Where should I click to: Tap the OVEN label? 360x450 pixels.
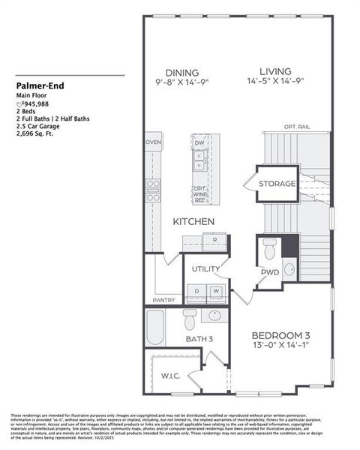pyautogui.click(x=153, y=142)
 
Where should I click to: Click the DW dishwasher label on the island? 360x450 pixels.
pyautogui.click(x=199, y=142)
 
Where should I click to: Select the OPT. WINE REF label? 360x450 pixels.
pyautogui.click(x=200, y=195)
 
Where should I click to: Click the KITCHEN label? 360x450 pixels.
pyautogui.click(x=194, y=222)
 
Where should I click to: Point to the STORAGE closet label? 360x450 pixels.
pyautogui.click(x=277, y=184)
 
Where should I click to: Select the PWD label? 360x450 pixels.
pyautogui.click(x=270, y=272)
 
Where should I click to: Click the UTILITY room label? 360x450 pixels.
pyautogui.click(x=205, y=268)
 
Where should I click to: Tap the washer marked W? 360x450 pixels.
pyautogui.click(x=215, y=290)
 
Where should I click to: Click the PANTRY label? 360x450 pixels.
pyautogui.click(x=163, y=300)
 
